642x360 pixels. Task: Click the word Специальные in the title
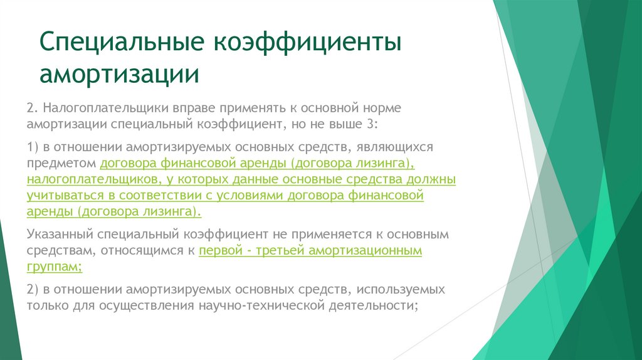coord(122,42)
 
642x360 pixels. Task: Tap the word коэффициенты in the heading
coord(307,41)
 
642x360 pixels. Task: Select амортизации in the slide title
coord(119,74)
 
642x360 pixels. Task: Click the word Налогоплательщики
coord(105,108)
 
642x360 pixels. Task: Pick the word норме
coord(382,109)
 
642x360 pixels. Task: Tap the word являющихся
coord(394,147)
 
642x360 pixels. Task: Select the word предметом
coord(61,164)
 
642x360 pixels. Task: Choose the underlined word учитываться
coord(65,196)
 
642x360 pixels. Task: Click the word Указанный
coord(60,235)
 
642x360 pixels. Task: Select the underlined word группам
coord(55,267)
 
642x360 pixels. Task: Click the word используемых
coord(401,290)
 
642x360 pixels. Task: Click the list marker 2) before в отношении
coord(33,290)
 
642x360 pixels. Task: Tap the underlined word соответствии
coord(160,196)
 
